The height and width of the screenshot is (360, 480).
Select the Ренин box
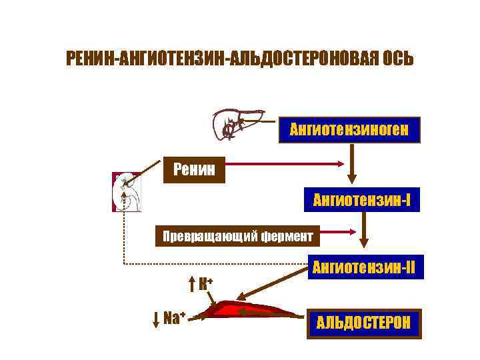point(194,169)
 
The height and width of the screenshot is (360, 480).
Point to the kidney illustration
point(127,192)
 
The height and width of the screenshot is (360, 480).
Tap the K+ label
point(206,283)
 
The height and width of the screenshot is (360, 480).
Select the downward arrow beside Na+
point(155,317)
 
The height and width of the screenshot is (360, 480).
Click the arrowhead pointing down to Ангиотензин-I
point(352,178)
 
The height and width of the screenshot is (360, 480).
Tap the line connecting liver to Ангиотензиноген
point(260,122)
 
